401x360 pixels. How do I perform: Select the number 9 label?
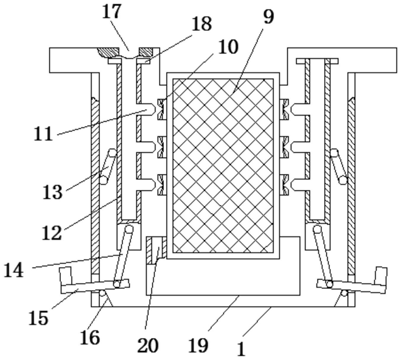click(268, 16)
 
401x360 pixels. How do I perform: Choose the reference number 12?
click(51, 232)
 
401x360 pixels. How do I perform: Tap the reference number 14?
click(15, 270)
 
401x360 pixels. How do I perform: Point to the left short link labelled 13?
click(106, 166)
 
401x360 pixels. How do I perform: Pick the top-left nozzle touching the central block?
click(160, 109)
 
